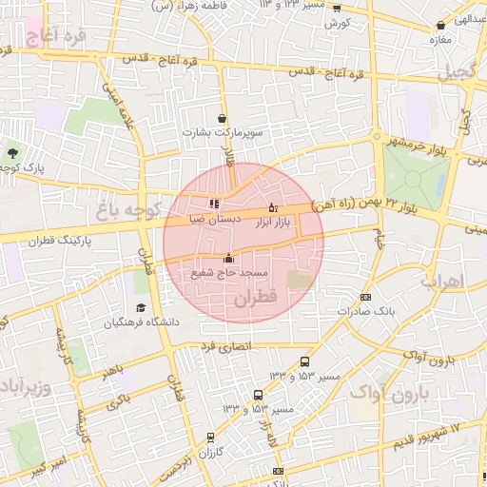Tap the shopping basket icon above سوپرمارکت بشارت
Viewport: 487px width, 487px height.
(223, 119)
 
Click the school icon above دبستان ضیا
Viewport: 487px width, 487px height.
(213, 203)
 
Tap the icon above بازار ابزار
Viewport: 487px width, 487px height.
(273, 207)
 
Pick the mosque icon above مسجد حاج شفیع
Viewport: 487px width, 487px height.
(228, 258)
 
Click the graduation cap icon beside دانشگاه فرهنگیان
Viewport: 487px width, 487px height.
(141, 307)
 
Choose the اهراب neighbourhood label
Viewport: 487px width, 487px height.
(440, 282)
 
